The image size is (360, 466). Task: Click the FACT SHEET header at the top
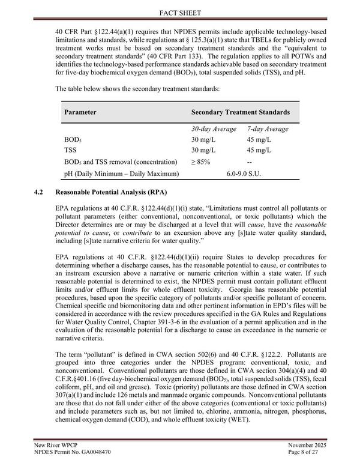tap(180, 11)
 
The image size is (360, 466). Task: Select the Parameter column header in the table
tap(80, 112)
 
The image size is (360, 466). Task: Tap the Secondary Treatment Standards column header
tap(240, 112)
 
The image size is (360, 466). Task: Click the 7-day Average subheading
tap(268, 129)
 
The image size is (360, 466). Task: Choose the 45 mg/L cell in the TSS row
tap(259, 150)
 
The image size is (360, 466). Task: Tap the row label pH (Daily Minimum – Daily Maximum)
tap(122, 174)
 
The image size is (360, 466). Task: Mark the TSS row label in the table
tap(70, 150)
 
